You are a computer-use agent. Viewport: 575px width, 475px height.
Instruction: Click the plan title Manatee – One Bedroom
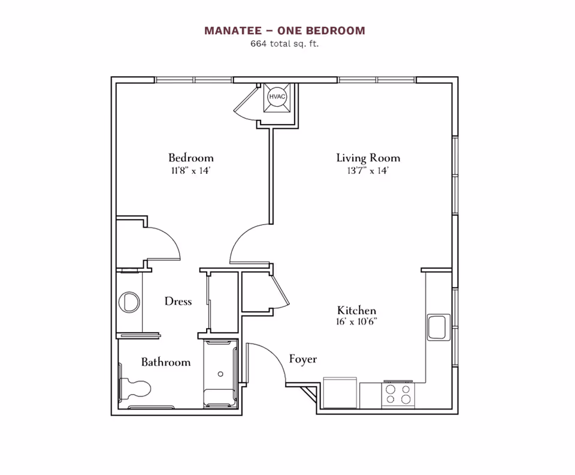285,31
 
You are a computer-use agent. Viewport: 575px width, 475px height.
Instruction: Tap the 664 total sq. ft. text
285,44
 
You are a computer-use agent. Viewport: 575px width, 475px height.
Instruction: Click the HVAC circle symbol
277,97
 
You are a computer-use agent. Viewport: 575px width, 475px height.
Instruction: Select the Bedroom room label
190,158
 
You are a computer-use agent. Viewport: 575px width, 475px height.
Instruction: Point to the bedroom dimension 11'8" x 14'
190,171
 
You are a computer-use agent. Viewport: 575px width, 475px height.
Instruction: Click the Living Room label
368,158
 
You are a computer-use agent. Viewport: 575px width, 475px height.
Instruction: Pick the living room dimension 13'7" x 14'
368,171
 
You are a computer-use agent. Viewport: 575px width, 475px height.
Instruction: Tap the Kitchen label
356,310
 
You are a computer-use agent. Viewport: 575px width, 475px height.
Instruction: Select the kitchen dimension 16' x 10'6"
356,322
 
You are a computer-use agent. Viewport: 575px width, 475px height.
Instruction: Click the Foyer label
302,359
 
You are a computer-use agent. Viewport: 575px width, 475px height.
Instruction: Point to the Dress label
178,301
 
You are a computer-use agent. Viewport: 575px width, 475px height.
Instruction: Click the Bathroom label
166,362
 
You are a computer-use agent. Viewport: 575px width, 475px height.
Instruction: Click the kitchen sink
438,327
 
